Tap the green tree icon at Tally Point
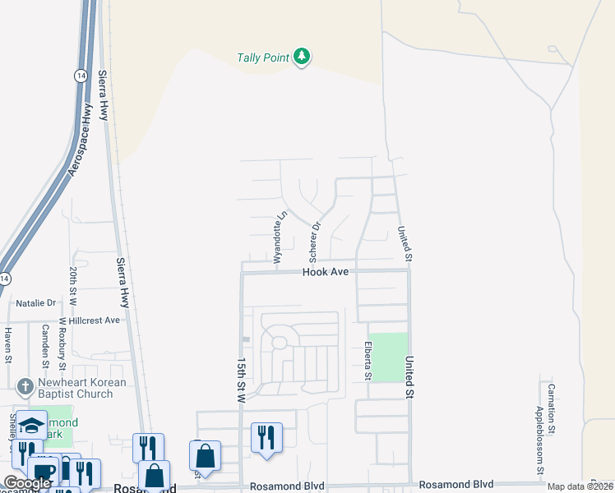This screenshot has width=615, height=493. point(303,57)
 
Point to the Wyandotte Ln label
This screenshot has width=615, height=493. point(280,235)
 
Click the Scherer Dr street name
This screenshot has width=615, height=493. point(314,237)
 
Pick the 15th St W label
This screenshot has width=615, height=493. point(241,380)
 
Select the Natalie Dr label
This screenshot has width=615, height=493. point(35,303)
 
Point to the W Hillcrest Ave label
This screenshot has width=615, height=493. point(89,320)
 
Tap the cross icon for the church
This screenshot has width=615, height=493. point(25,385)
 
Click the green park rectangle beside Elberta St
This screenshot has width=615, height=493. point(392,357)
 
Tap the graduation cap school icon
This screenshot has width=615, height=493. point(31,425)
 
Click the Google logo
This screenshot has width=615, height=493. point(27,483)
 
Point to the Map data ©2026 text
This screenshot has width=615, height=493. point(579,486)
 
